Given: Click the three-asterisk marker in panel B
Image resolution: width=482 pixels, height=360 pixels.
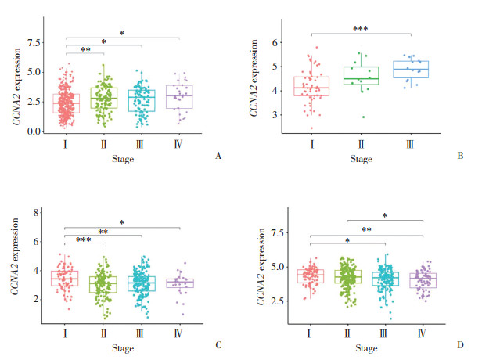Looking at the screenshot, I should [361, 29].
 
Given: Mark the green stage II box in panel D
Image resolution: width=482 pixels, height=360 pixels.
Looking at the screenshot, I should [348, 276].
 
